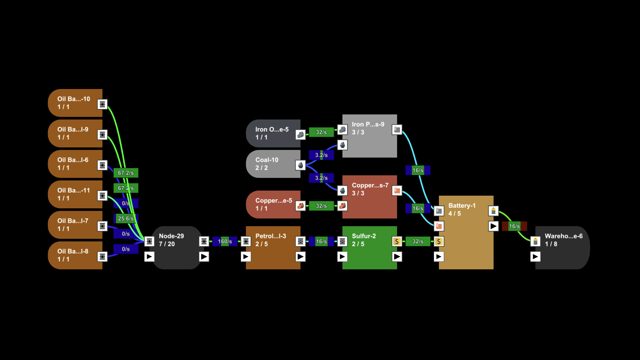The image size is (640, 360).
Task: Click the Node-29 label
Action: pyautogui.click(x=171, y=236)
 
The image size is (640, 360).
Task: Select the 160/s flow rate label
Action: pyautogui.click(x=225, y=241)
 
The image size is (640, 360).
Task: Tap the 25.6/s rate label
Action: pyautogui.click(x=126, y=219)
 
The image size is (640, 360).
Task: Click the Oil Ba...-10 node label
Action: pyautogui.click(x=74, y=99)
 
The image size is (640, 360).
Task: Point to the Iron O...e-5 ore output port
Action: pyautogui.click(x=300, y=135)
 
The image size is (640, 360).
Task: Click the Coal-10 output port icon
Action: pyautogui.click(x=300, y=165)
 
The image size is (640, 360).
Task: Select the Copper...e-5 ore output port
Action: pyautogui.click(x=300, y=206)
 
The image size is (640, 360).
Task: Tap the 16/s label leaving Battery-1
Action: pyautogui.click(x=514, y=226)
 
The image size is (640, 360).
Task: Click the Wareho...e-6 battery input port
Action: pyautogui.click(x=535, y=241)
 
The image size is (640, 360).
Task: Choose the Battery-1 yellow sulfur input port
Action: pyautogui.click(x=439, y=241)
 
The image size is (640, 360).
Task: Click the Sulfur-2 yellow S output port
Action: pyautogui.click(x=397, y=241)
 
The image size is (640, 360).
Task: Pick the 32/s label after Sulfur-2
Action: pyautogui.click(x=418, y=241)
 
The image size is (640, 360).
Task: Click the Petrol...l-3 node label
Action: pyautogui.click(x=271, y=236)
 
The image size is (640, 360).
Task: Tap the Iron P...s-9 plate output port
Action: pyautogui.click(x=397, y=129)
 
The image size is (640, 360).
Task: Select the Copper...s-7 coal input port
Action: pyautogui.click(x=342, y=191)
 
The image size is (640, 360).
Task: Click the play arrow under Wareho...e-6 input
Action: pyautogui.click(x=535, y=257)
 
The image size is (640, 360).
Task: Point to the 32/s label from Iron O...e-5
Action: pyautogui.click(x=321, y=132)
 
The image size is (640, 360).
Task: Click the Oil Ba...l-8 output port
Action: pyautogui.click(x=102, y=257)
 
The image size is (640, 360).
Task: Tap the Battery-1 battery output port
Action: pyautogui.click(x=493, y=211)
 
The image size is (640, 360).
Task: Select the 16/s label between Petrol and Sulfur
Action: pyautogui.click(x=321, y=241)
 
